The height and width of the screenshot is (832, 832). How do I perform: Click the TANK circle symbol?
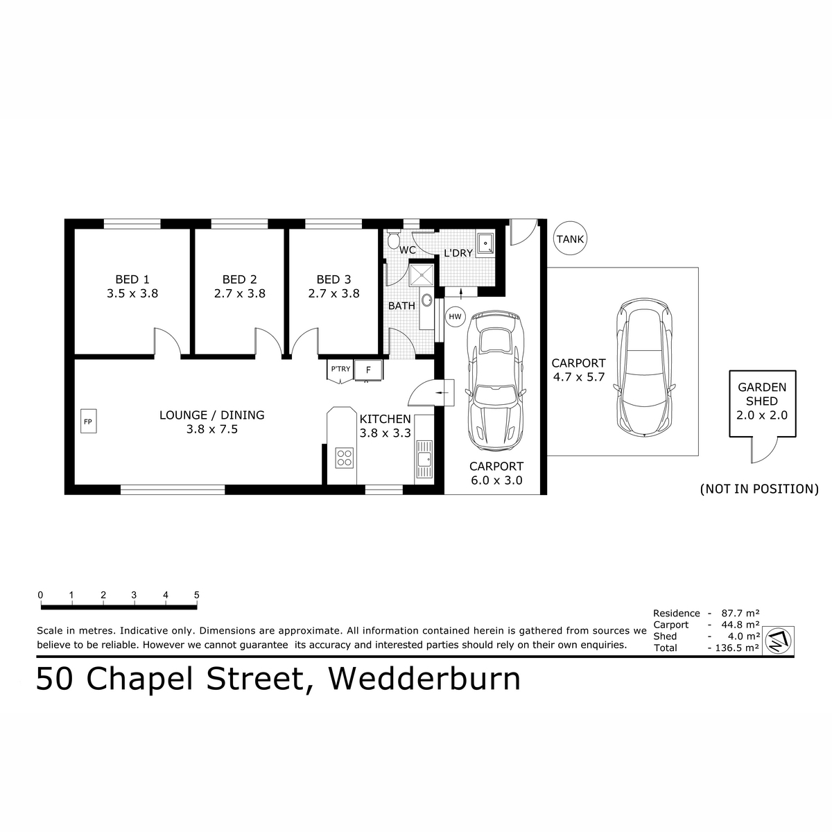point(570,239)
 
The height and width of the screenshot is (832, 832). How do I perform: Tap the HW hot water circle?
point(455,317)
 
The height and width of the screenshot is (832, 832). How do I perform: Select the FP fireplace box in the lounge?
point(87,421)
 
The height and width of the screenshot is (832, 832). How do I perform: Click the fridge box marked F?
point(368,370)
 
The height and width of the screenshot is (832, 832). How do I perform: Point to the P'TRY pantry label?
point(340,369)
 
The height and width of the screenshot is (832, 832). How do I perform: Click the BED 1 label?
point(132,279)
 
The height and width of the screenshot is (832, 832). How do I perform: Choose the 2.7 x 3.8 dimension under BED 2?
point(239,293)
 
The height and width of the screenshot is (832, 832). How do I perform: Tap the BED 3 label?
point(333,279)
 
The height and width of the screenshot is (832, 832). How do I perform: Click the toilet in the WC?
point(393,239)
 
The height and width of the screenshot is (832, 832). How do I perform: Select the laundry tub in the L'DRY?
point(487,243)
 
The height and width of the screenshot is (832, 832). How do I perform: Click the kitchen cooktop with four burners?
point(345,458)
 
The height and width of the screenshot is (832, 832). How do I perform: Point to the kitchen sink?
point(424,461)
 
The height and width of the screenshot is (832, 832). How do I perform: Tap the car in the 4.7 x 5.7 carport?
point(645,367)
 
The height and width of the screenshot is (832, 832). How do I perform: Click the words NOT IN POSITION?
point(759,489)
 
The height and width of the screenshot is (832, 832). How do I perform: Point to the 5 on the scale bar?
point(197,595)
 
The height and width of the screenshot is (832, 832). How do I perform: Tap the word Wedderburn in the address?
point(424,679)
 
